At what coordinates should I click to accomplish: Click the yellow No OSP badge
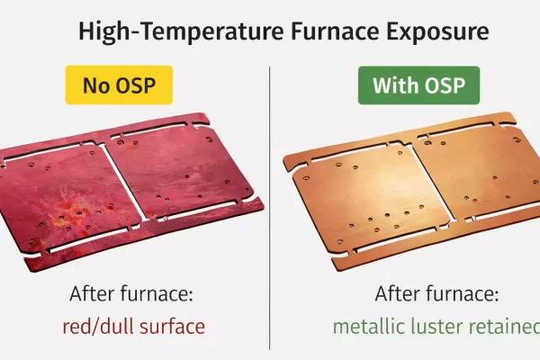(118, 86)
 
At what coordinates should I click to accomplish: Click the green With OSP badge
(418, 86)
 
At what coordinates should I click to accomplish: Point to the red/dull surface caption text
(132, 326)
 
